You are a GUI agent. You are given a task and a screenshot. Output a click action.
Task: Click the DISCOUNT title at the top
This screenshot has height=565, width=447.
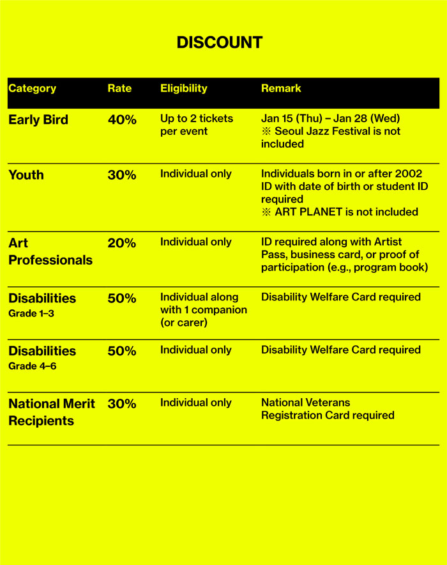click(x=219, y=43)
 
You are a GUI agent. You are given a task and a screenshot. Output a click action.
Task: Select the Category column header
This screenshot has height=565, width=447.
click(x=32, y=89)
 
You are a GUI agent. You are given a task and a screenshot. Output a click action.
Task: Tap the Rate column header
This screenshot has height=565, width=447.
click(x=119, y=89)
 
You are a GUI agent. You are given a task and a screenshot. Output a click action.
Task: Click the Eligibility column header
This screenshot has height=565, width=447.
click(x=183, y=89)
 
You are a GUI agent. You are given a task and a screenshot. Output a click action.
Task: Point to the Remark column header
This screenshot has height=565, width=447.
click(x=281, y=89)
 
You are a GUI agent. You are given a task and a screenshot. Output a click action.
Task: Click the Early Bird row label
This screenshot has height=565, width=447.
click(x=38, y=120)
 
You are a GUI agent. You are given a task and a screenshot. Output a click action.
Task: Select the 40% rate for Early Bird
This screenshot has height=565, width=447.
click(x=122, y=120)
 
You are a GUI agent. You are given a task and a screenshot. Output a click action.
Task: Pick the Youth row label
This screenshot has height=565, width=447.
click(x=26, y=175)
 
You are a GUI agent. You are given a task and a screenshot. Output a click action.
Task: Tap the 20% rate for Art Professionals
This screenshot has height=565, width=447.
click(x=122, y=244)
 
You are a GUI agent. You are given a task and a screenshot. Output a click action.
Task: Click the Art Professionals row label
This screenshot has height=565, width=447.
click(x=50, y=252)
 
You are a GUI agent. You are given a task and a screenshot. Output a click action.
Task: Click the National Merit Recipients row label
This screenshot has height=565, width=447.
click(x=51, y=412)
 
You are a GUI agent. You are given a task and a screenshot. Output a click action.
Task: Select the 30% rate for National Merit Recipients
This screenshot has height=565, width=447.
click(x=122, y=404)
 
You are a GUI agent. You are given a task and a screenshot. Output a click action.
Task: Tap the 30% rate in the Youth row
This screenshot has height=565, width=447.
click(x=122, y=175)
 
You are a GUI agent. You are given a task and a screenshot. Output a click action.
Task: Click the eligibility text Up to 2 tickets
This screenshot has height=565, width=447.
click(x=196, y=119)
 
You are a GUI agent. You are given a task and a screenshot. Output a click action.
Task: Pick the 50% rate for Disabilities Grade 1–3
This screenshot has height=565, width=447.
click(x=122, y=298)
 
